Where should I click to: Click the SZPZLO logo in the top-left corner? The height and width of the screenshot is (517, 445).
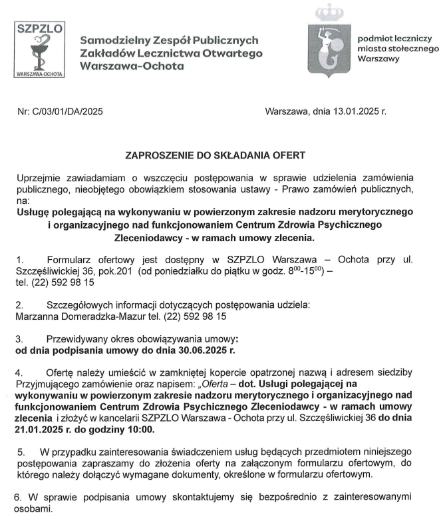(x=39, y=51)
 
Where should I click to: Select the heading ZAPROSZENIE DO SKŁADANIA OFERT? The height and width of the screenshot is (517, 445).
(x=216, y=156)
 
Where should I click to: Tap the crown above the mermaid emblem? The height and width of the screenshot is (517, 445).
(x=327, y=12)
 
